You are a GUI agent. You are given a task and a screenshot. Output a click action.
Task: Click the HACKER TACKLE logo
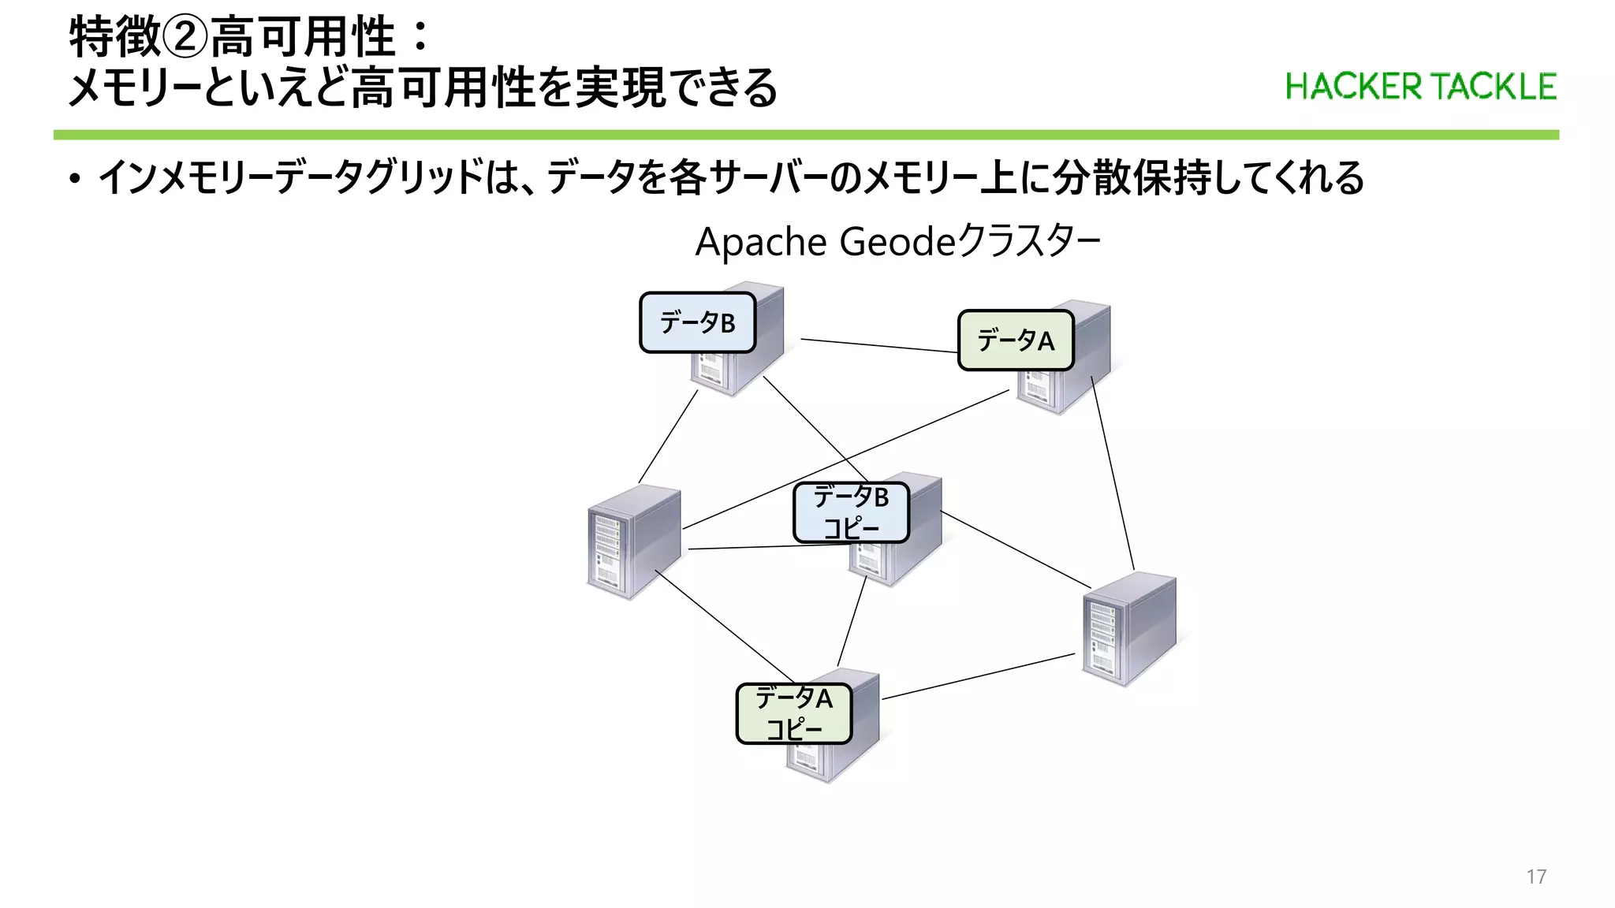tap(1420, 87)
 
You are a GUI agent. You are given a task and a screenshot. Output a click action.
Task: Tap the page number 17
tap(1536, 876)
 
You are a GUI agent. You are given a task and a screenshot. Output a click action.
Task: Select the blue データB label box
tap(697, 322)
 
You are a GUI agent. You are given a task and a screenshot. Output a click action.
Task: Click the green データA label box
tap(1016, 340)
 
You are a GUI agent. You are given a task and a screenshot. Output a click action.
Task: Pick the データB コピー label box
tap(851, 512)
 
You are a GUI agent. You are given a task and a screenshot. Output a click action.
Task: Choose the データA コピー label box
tap(793, 713)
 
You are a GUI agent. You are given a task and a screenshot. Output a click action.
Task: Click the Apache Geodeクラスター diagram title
tap(897, 241)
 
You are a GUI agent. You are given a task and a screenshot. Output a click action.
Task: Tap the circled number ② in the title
tap(185, 38)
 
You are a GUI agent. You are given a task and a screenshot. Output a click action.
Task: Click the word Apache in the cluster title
tap(760, 242)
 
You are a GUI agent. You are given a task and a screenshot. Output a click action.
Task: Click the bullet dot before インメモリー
tap(74, 180)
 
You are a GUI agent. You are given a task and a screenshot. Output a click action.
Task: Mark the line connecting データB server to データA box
tap(879, 345)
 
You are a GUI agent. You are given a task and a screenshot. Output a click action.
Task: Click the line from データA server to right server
tap(1113, 473)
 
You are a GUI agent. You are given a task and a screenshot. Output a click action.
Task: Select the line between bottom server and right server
tap(978, 676)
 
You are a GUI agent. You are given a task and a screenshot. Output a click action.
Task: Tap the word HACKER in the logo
tap(1353, 87)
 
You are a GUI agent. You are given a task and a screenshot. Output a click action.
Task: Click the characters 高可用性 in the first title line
tap(303, 38)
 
